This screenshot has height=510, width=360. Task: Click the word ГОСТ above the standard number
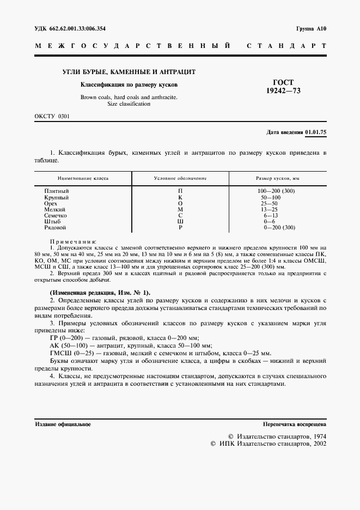point(282,82)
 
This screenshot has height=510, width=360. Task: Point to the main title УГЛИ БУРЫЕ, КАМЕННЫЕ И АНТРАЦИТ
point(130,72)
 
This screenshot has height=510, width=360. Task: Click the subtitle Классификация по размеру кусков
point(129,85)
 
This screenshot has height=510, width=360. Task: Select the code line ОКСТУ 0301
point(52,117)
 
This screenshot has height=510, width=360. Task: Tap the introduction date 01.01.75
point(316,132)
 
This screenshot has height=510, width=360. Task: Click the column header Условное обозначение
point(180,178)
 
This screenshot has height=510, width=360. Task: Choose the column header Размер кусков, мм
point(278,178)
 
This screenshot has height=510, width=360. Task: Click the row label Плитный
point(57,191)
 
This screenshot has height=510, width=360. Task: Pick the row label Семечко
point(56,215)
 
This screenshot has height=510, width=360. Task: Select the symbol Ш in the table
point(180,221)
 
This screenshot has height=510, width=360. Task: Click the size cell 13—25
point(270,209)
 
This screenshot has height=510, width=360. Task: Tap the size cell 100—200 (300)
point(277,191)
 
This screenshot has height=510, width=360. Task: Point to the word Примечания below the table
point(73,240)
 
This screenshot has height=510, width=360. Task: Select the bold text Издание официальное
point(63,424)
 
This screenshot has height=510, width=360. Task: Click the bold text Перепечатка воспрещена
point(294,424)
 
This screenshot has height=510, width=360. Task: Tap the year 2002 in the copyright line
point(316,444)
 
